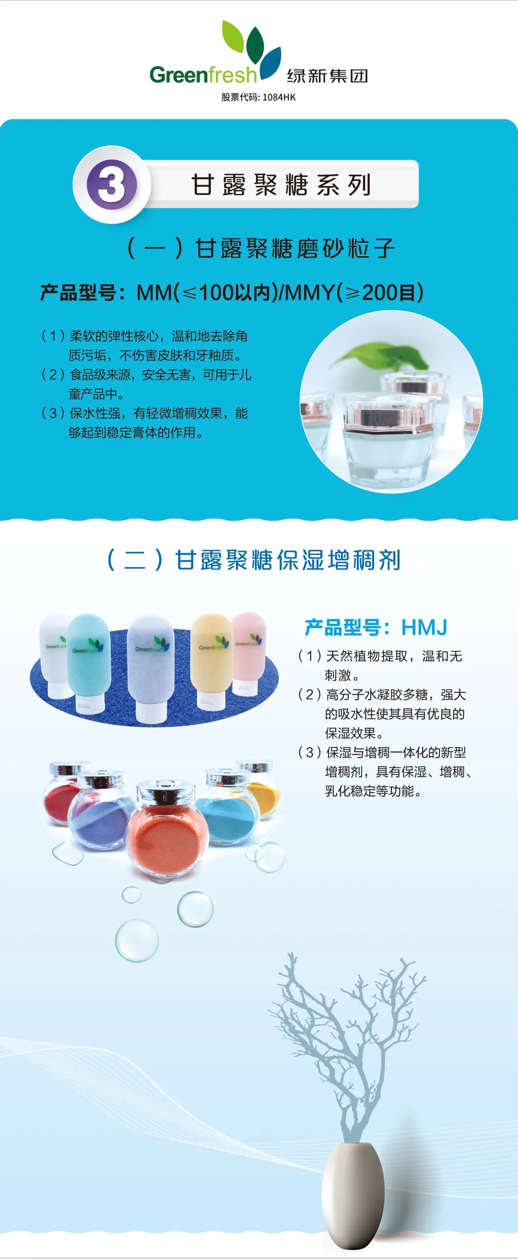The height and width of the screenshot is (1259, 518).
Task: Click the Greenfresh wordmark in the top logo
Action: coord(203,75)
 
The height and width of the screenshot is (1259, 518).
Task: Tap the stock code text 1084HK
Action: coord(279,97)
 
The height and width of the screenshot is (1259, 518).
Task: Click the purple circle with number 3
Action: coord(111,185)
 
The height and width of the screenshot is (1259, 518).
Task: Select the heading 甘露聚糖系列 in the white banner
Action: coord(281,185)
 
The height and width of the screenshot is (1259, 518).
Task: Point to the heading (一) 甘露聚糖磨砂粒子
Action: coord(260,248)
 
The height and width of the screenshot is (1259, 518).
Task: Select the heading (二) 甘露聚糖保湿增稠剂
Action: coord(253,559)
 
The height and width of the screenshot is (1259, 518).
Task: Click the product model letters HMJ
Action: coord(424,627)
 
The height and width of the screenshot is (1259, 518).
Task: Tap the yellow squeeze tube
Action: coord(212,660)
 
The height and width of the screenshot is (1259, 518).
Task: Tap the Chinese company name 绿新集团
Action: coord(327,76)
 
